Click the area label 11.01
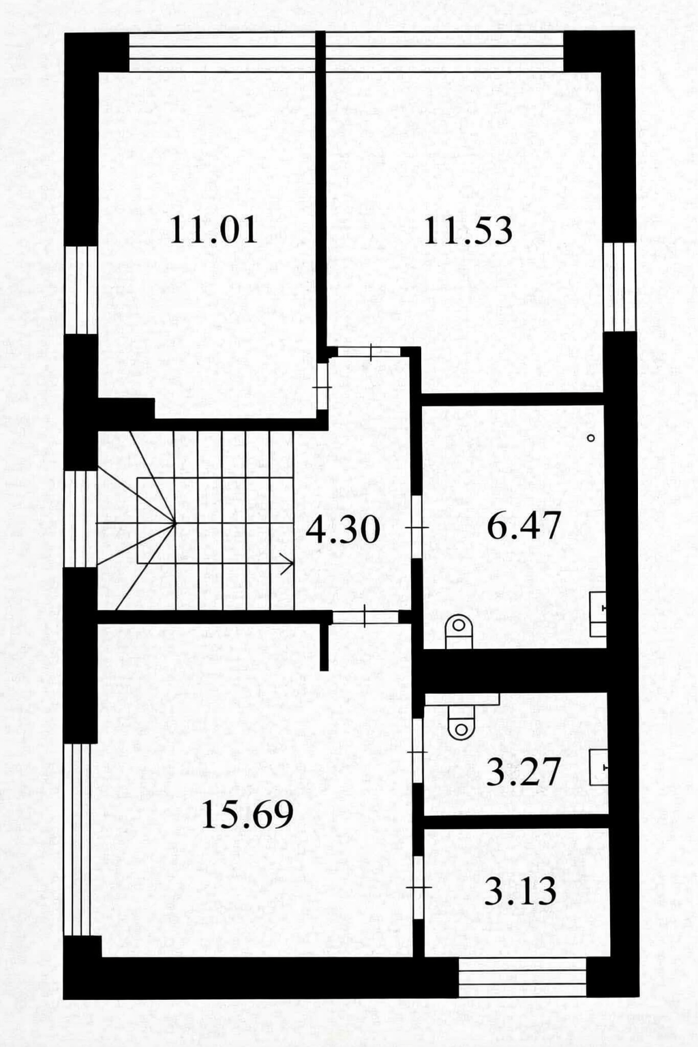213,230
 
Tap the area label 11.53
468,230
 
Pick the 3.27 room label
523,771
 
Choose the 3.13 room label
520,891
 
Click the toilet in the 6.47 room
459,631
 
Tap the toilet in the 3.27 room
461,722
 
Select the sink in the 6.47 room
598,613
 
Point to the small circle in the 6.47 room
591,438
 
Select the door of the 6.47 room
417,527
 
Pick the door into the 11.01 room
322,387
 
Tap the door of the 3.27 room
417,752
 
